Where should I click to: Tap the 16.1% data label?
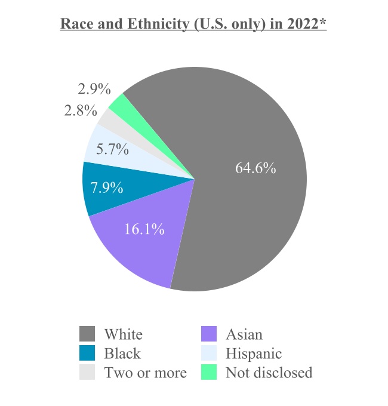[144, 229]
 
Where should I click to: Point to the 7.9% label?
[107, 188]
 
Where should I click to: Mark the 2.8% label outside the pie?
[80, 110]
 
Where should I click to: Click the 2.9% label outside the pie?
[94, 90]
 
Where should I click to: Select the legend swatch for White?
[87, 334]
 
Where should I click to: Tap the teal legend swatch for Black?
[87, 353]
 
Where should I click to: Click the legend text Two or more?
[145, 373]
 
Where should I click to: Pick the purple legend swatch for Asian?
[209, 334]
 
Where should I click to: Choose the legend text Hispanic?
[253, 353]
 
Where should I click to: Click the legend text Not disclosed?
[269, 373]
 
